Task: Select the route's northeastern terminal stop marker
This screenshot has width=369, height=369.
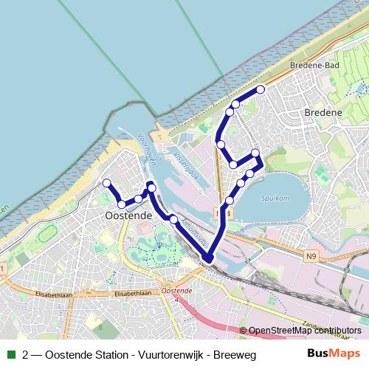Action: coord(260,90)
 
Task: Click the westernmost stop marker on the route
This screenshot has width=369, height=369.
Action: coord(107,183)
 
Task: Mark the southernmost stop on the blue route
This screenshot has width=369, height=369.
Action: coord(207,258)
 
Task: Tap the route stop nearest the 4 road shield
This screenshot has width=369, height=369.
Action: coord(229,201)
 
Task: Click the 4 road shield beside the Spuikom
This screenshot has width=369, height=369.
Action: coord(230,213)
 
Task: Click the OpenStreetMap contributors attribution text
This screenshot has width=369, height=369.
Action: coord(306,331)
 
